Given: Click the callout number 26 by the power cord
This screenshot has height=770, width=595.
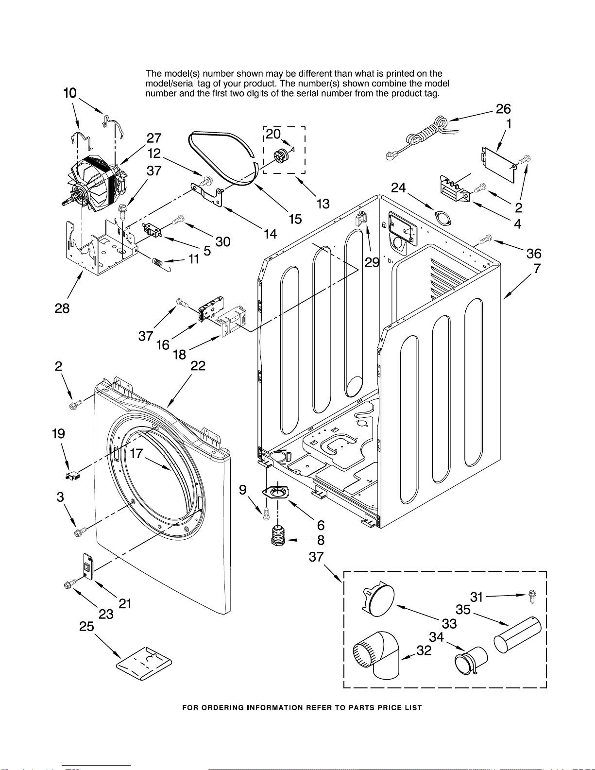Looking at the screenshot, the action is (503, 109).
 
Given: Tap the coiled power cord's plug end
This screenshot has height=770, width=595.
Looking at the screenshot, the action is (392, 155).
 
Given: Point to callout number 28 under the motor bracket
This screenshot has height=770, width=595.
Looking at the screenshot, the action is (62, 308).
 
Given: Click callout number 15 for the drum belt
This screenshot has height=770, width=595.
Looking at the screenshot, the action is (295, 219).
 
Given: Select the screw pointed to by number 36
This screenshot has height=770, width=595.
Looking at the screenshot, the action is (486, 240).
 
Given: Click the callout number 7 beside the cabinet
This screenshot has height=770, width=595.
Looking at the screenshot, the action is (537, 269).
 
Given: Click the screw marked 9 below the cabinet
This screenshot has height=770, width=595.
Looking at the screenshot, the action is (266, 513).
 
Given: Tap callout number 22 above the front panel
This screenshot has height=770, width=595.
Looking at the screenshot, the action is (198, 366).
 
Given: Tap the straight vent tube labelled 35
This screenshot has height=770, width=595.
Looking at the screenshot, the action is (517, 634).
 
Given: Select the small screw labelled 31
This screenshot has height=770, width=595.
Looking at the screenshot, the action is (531, 597).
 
